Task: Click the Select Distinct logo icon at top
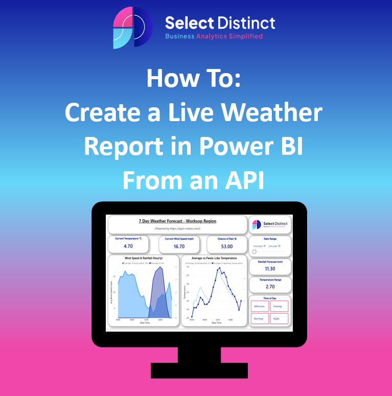click(132, 27)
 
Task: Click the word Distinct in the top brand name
click(246, 22)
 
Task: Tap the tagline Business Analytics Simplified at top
click(214, 36)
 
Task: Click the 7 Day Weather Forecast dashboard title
click(177, 221)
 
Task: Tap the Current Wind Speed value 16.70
click(179, 246)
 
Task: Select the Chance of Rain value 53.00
click(227, 246)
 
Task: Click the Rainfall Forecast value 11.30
click(270, 268)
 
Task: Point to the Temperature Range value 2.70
click(270, 287)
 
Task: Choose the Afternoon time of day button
click(259, 306)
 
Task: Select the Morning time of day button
click(259, 318)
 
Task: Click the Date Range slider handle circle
click(255, 251)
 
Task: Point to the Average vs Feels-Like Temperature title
click(212, 258)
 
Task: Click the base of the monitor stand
click(199, 370)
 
